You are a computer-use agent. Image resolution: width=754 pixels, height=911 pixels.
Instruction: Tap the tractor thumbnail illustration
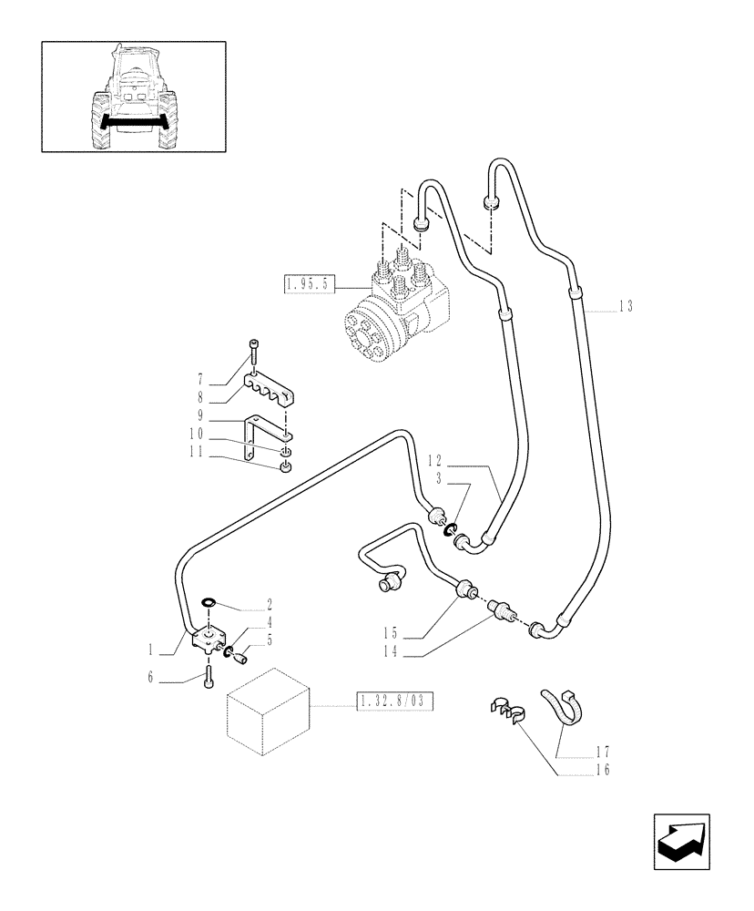[131, 94]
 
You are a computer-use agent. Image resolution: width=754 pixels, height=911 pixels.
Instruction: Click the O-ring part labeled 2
[209, 602]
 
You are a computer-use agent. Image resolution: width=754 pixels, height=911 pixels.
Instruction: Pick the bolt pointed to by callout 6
[209, 677]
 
